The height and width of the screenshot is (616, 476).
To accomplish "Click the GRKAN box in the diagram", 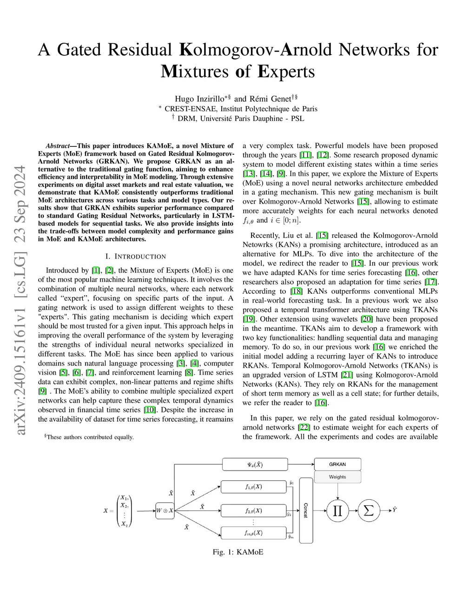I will [x=337, y=464].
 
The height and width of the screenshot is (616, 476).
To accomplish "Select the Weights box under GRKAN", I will [x=337, y=477].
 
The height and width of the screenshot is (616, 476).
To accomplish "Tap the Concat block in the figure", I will [x=305, y=510].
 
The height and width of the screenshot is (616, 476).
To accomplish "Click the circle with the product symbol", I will [x=337, y=510].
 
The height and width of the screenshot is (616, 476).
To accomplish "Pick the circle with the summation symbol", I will [x=368, y=510].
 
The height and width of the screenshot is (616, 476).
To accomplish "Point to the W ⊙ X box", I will [x=165, y=510].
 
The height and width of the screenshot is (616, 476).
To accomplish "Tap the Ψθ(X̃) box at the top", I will [x=255, y=464].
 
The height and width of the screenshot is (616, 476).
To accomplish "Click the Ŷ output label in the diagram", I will [x=395, y=510].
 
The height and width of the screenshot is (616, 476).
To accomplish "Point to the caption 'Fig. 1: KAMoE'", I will [x=238, y=552].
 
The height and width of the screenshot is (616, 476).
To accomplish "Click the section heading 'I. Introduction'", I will [x=136, y=256].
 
